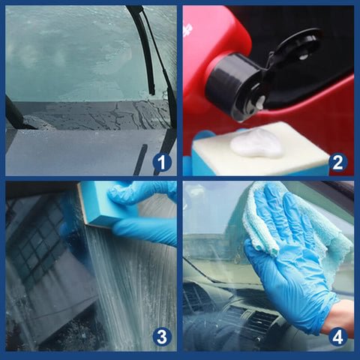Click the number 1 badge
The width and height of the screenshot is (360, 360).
(x=162, y=162)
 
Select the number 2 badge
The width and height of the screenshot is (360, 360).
(x=337, y=162)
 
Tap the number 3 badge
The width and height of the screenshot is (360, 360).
(x=162, y=337)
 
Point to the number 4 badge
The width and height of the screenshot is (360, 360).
(x=337, y=337)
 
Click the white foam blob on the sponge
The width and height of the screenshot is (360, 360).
(x=256, y=145)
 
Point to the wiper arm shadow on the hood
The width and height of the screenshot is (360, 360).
(x=141, y=160)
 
